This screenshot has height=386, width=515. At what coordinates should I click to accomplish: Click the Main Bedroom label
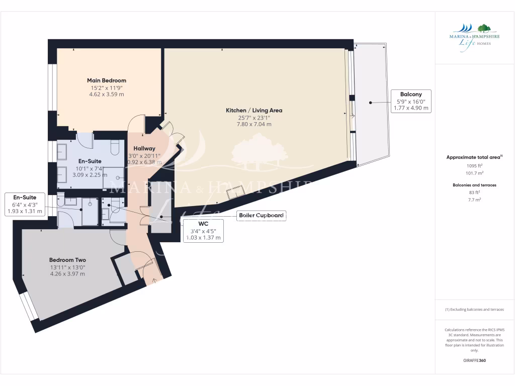point(106,80)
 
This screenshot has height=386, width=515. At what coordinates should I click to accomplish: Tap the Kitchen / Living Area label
point(253,110)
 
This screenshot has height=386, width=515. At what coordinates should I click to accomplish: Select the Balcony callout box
point(410,101)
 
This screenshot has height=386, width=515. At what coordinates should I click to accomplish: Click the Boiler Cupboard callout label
point(261,216)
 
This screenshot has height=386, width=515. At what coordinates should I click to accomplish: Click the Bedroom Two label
point(67,260)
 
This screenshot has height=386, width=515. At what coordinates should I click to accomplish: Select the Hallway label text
point(144,148)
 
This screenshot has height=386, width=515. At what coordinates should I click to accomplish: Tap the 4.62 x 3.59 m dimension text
point(106,94)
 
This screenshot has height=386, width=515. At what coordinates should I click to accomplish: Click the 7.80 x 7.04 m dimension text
point(253,124)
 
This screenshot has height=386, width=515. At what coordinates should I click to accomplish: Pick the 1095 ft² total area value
point(474,165)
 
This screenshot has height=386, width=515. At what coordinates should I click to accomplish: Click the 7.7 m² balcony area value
point(474,200)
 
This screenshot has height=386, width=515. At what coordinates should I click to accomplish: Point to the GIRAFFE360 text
point(474,360)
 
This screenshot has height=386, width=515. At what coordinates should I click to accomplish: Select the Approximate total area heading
point(474,157)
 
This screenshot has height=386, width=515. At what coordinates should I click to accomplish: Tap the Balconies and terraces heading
point(474,185)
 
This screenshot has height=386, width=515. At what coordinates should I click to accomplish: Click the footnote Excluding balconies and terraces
point(474,310)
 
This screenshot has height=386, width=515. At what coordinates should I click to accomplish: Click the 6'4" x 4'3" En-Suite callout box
point(25,205)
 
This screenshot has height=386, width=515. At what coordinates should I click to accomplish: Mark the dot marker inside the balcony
point(370,102)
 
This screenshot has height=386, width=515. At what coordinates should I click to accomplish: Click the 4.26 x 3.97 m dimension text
point(67,274)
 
